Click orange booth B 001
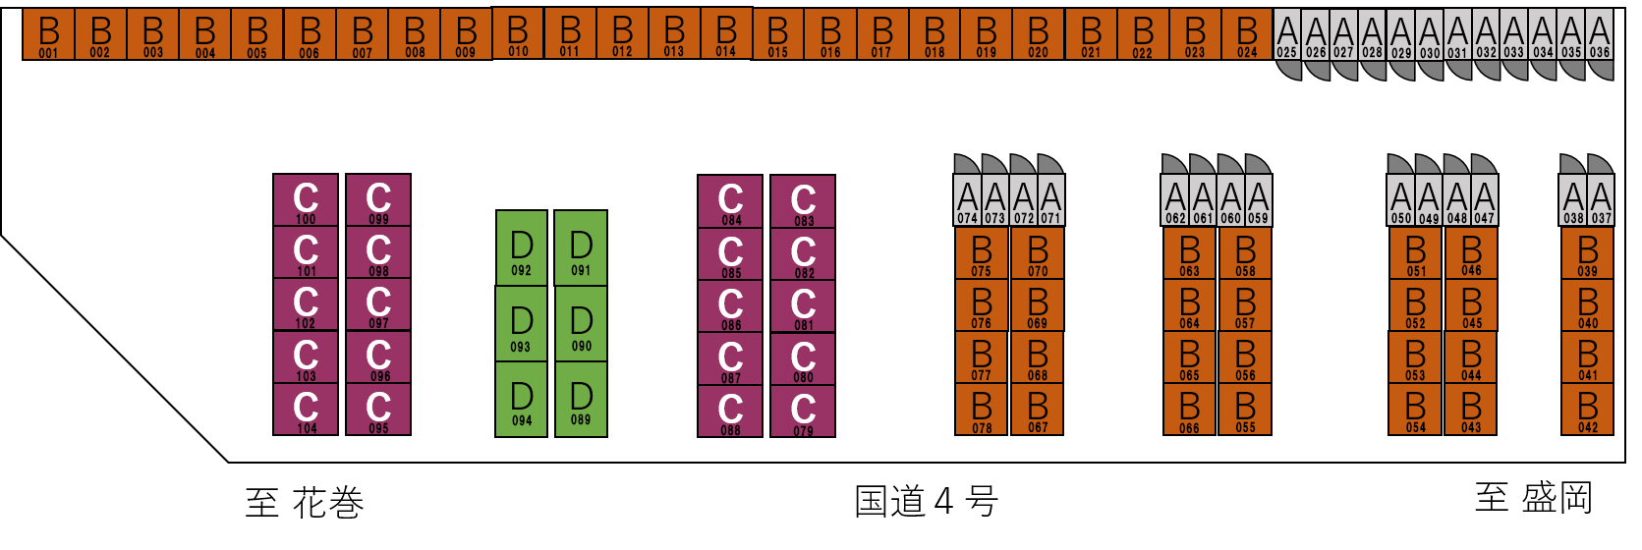48,34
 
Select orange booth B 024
1247,34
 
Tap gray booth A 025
1287,34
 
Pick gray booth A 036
1600,34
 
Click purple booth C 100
306,200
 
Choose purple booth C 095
378,410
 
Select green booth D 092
521,248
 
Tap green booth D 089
581,399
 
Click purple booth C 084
730,201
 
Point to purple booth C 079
803,411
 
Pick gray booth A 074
968,200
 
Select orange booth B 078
982,409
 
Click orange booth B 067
1038,409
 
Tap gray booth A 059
1259,200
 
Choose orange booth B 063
1189,252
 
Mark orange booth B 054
1415,409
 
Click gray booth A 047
1485,200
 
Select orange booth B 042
1588,409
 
